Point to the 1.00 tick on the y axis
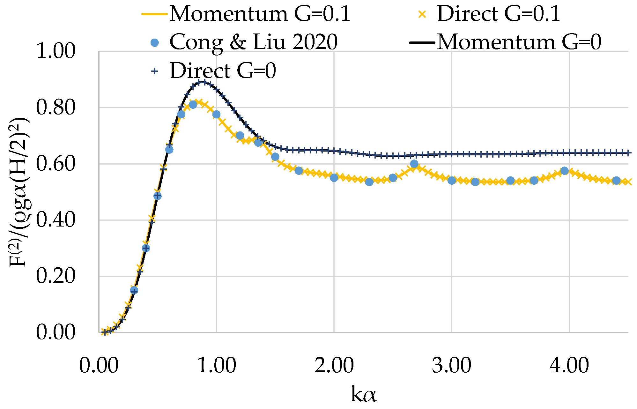(56, 51)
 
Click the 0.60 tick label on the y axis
(56, 164)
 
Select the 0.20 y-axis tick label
(56, 276)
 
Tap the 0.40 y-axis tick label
(56, 220)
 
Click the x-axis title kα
(363, 394)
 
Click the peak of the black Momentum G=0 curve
(202, 82)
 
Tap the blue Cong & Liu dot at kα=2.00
(334, 178)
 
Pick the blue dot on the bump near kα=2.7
(414, 164)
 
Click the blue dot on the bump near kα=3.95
(565, 171)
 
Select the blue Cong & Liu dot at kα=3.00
(452, 181)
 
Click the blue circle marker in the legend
(155, 42)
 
